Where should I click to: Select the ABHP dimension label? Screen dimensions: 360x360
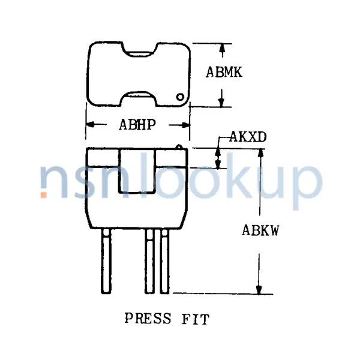click(x=137, y=125)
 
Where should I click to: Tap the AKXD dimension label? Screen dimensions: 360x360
click(x=248, y=137)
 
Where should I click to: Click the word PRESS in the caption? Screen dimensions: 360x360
click(x=148, y=318)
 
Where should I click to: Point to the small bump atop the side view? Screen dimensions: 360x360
click(x=179, y=145)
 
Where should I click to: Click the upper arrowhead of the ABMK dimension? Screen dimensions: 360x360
click(x=223, y=47)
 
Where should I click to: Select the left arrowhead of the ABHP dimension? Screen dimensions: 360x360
click(x=92, y=125)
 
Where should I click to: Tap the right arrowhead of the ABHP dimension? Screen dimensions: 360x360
click(x=185, y=125)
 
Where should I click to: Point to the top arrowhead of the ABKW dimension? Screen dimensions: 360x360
click(x=259, y=152)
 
